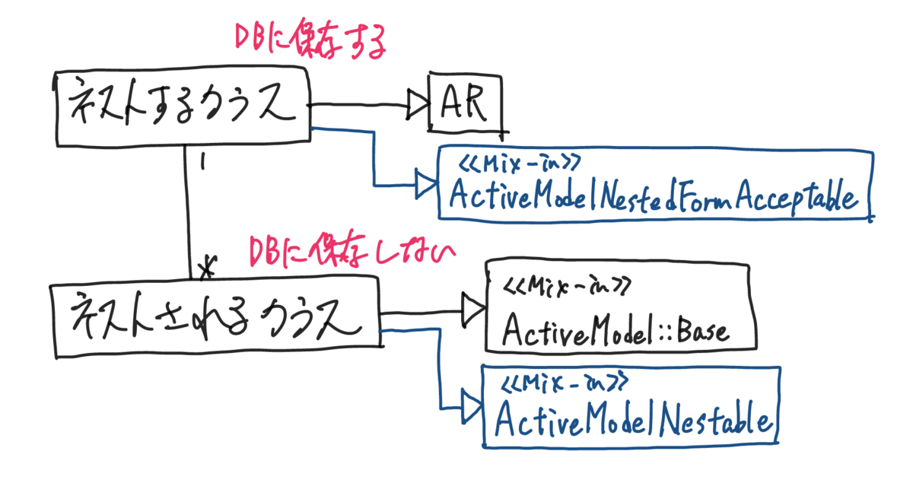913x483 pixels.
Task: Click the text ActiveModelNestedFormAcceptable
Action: pos(653,198)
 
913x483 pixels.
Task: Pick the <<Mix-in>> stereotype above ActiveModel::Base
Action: pos(566,287)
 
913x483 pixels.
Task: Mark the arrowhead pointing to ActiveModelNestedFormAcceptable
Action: pos(425,185)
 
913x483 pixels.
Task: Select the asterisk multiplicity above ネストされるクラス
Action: pos(206,265)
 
